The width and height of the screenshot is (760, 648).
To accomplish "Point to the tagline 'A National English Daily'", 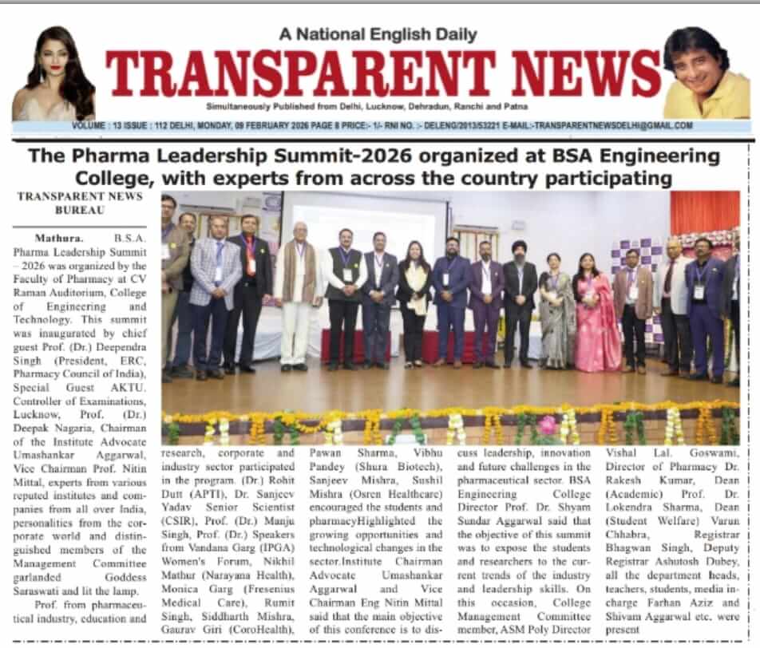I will coord(378,34).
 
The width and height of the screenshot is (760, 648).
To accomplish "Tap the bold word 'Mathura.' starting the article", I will coord(57,238).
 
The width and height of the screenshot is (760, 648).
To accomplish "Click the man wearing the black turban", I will coord(519,303).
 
